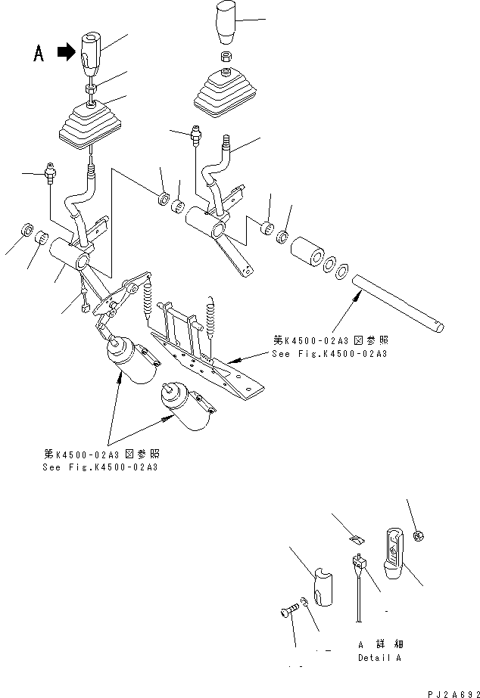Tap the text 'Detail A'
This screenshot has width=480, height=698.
(379, 657)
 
